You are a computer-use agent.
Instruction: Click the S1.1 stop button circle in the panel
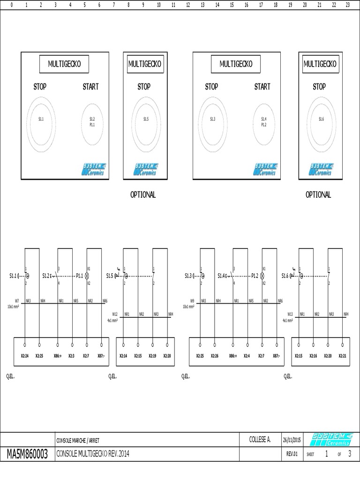(41, 120)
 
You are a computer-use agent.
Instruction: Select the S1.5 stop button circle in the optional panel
(146, 120)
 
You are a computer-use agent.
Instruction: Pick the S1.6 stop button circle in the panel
(321, 120)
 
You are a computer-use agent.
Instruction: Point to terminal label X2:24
(25, 356)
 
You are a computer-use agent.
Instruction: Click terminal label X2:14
(123, 356)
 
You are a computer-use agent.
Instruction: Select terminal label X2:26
(215, 356)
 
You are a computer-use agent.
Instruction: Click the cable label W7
(17, 301)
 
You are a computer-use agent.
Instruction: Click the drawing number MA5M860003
(28, 454)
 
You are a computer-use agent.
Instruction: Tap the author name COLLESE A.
(260, 439)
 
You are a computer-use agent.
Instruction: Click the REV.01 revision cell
(292, 454)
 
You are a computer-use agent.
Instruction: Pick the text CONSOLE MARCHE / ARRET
(78, 440)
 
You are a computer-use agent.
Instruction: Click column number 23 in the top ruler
(347, 5)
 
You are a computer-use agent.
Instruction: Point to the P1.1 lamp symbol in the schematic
(86, 276)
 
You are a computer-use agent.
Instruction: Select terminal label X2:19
(153, 356)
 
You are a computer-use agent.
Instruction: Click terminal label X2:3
(71, 356)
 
